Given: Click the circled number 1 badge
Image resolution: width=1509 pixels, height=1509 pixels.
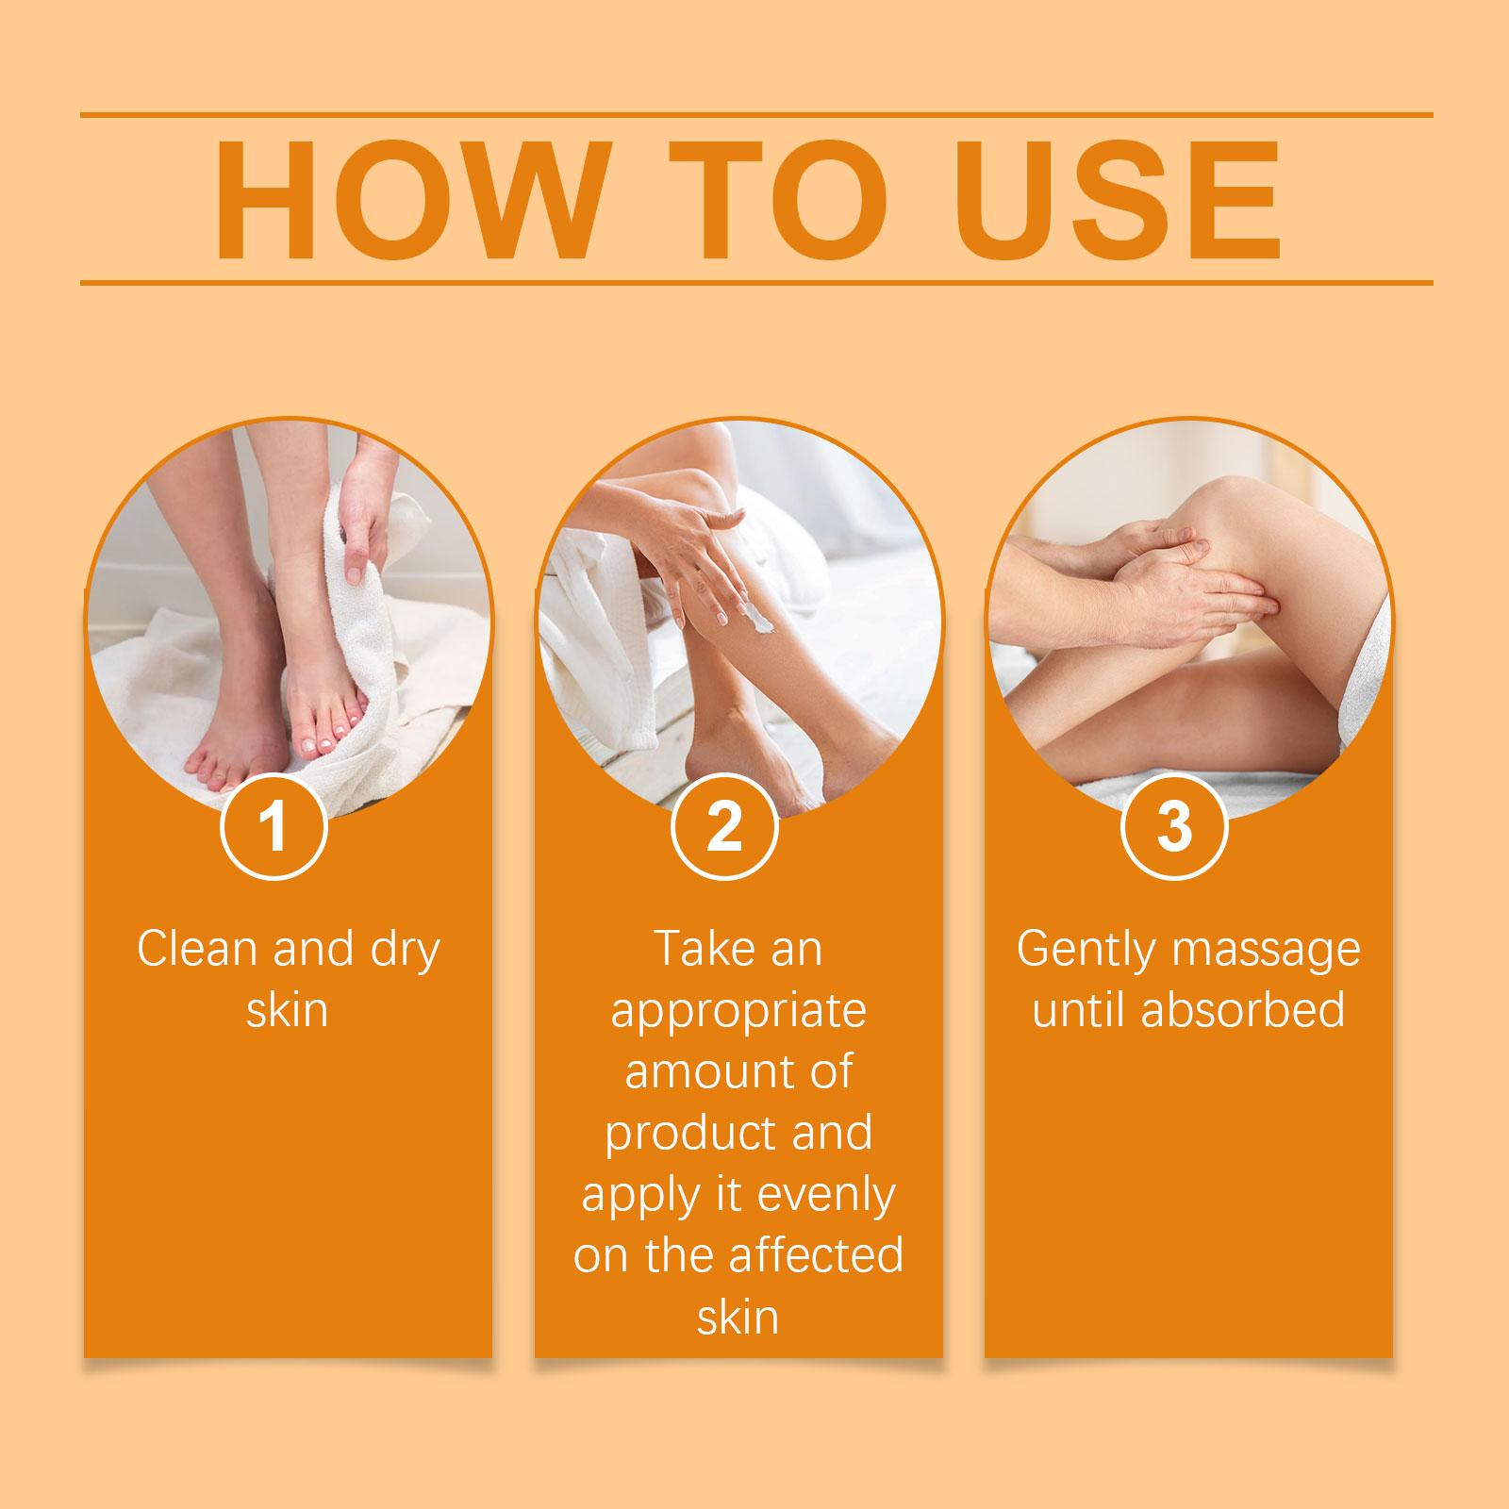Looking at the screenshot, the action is tap(274, 827).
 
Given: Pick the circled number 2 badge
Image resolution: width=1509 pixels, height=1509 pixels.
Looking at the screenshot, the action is tap(724, 827).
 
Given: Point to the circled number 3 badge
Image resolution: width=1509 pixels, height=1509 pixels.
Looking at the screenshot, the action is tap(1174, 827).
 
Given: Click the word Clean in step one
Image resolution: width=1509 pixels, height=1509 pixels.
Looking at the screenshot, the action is tap(198, 949).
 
